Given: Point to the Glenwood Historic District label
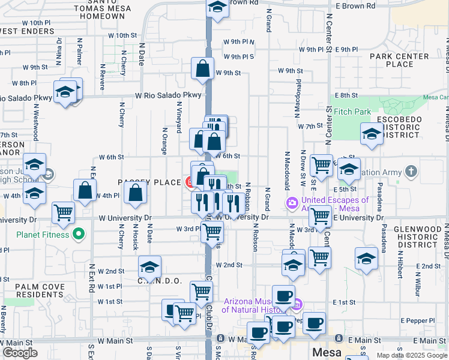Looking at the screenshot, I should tap(417, 237).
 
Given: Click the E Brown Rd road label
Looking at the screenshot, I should tap(355, 5).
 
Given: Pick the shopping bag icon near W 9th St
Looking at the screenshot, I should tap(203, 68).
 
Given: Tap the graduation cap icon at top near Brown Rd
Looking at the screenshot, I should tap(217, 7).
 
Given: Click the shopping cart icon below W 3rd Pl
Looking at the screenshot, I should tap(211, 231).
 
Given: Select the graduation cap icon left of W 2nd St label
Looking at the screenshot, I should tap(149, 266).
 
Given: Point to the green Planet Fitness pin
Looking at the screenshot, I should tap(77, 233).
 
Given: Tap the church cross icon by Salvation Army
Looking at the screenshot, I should tap(411, 173).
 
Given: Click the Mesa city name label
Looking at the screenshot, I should tap(326, 353).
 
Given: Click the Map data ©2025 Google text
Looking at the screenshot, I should tap(411, 355).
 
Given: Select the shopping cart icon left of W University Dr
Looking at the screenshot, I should tap(63, 212).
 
